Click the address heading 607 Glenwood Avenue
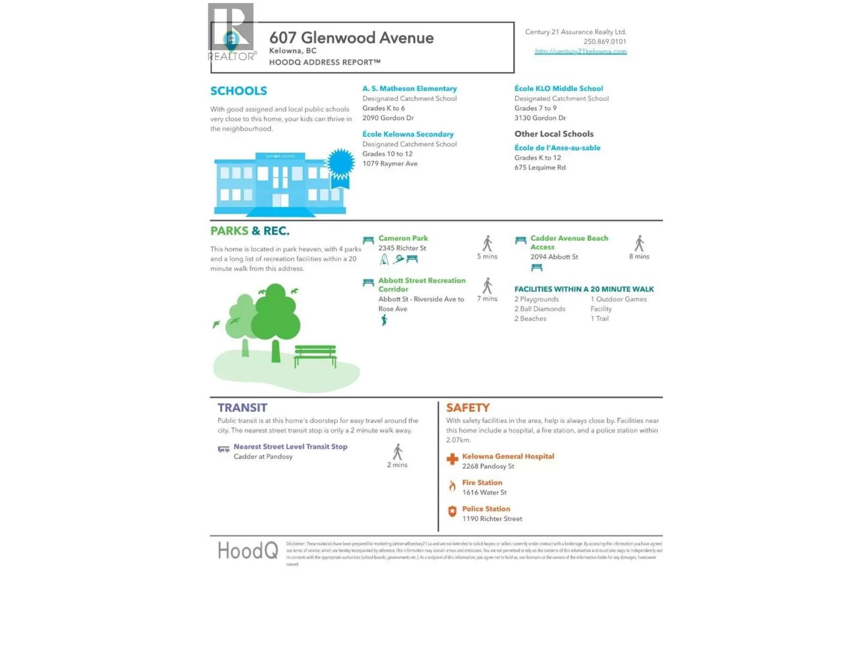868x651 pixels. (x=351, y=38)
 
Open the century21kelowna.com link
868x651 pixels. (x=580, y=52)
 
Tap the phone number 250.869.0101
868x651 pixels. (x=604, y=42)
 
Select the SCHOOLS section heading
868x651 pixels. (x=239, y=91)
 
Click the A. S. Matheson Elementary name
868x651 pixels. (x=410, y=88)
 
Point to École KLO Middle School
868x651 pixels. (x=558, y=88)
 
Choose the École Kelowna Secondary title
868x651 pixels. (x=408, y=134)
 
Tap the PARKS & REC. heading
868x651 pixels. (x=250, y=231)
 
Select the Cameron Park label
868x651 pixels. (x=403, y=238)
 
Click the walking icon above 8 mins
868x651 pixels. (x=640, y=244)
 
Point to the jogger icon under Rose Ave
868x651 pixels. (x=384, y=321)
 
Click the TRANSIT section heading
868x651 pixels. (x=242, y=408)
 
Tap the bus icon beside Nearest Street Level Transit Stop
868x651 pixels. (x=224, y=449)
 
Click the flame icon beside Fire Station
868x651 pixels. (x=452, y=486)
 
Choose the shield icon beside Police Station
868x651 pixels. (x=452, y=512)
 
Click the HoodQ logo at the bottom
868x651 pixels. (x=248, y=551)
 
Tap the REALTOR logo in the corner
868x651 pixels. (x=231, y=33)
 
